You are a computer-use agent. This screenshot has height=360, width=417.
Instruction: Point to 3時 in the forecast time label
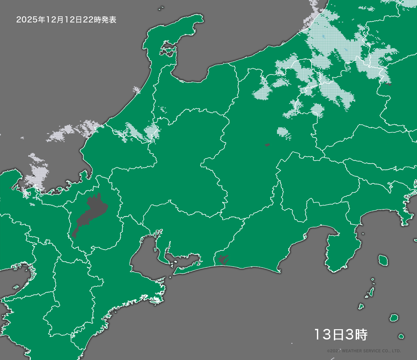[x=357, y=335]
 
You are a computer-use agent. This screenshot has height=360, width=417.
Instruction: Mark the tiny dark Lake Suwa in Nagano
[x=267, y=145]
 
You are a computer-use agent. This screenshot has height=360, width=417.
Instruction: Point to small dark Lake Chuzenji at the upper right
[x=388, y=85]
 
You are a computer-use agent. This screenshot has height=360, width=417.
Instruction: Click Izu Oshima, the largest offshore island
[x=382, y=260]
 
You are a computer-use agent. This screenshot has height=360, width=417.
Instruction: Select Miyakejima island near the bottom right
[x=394, y=318]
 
